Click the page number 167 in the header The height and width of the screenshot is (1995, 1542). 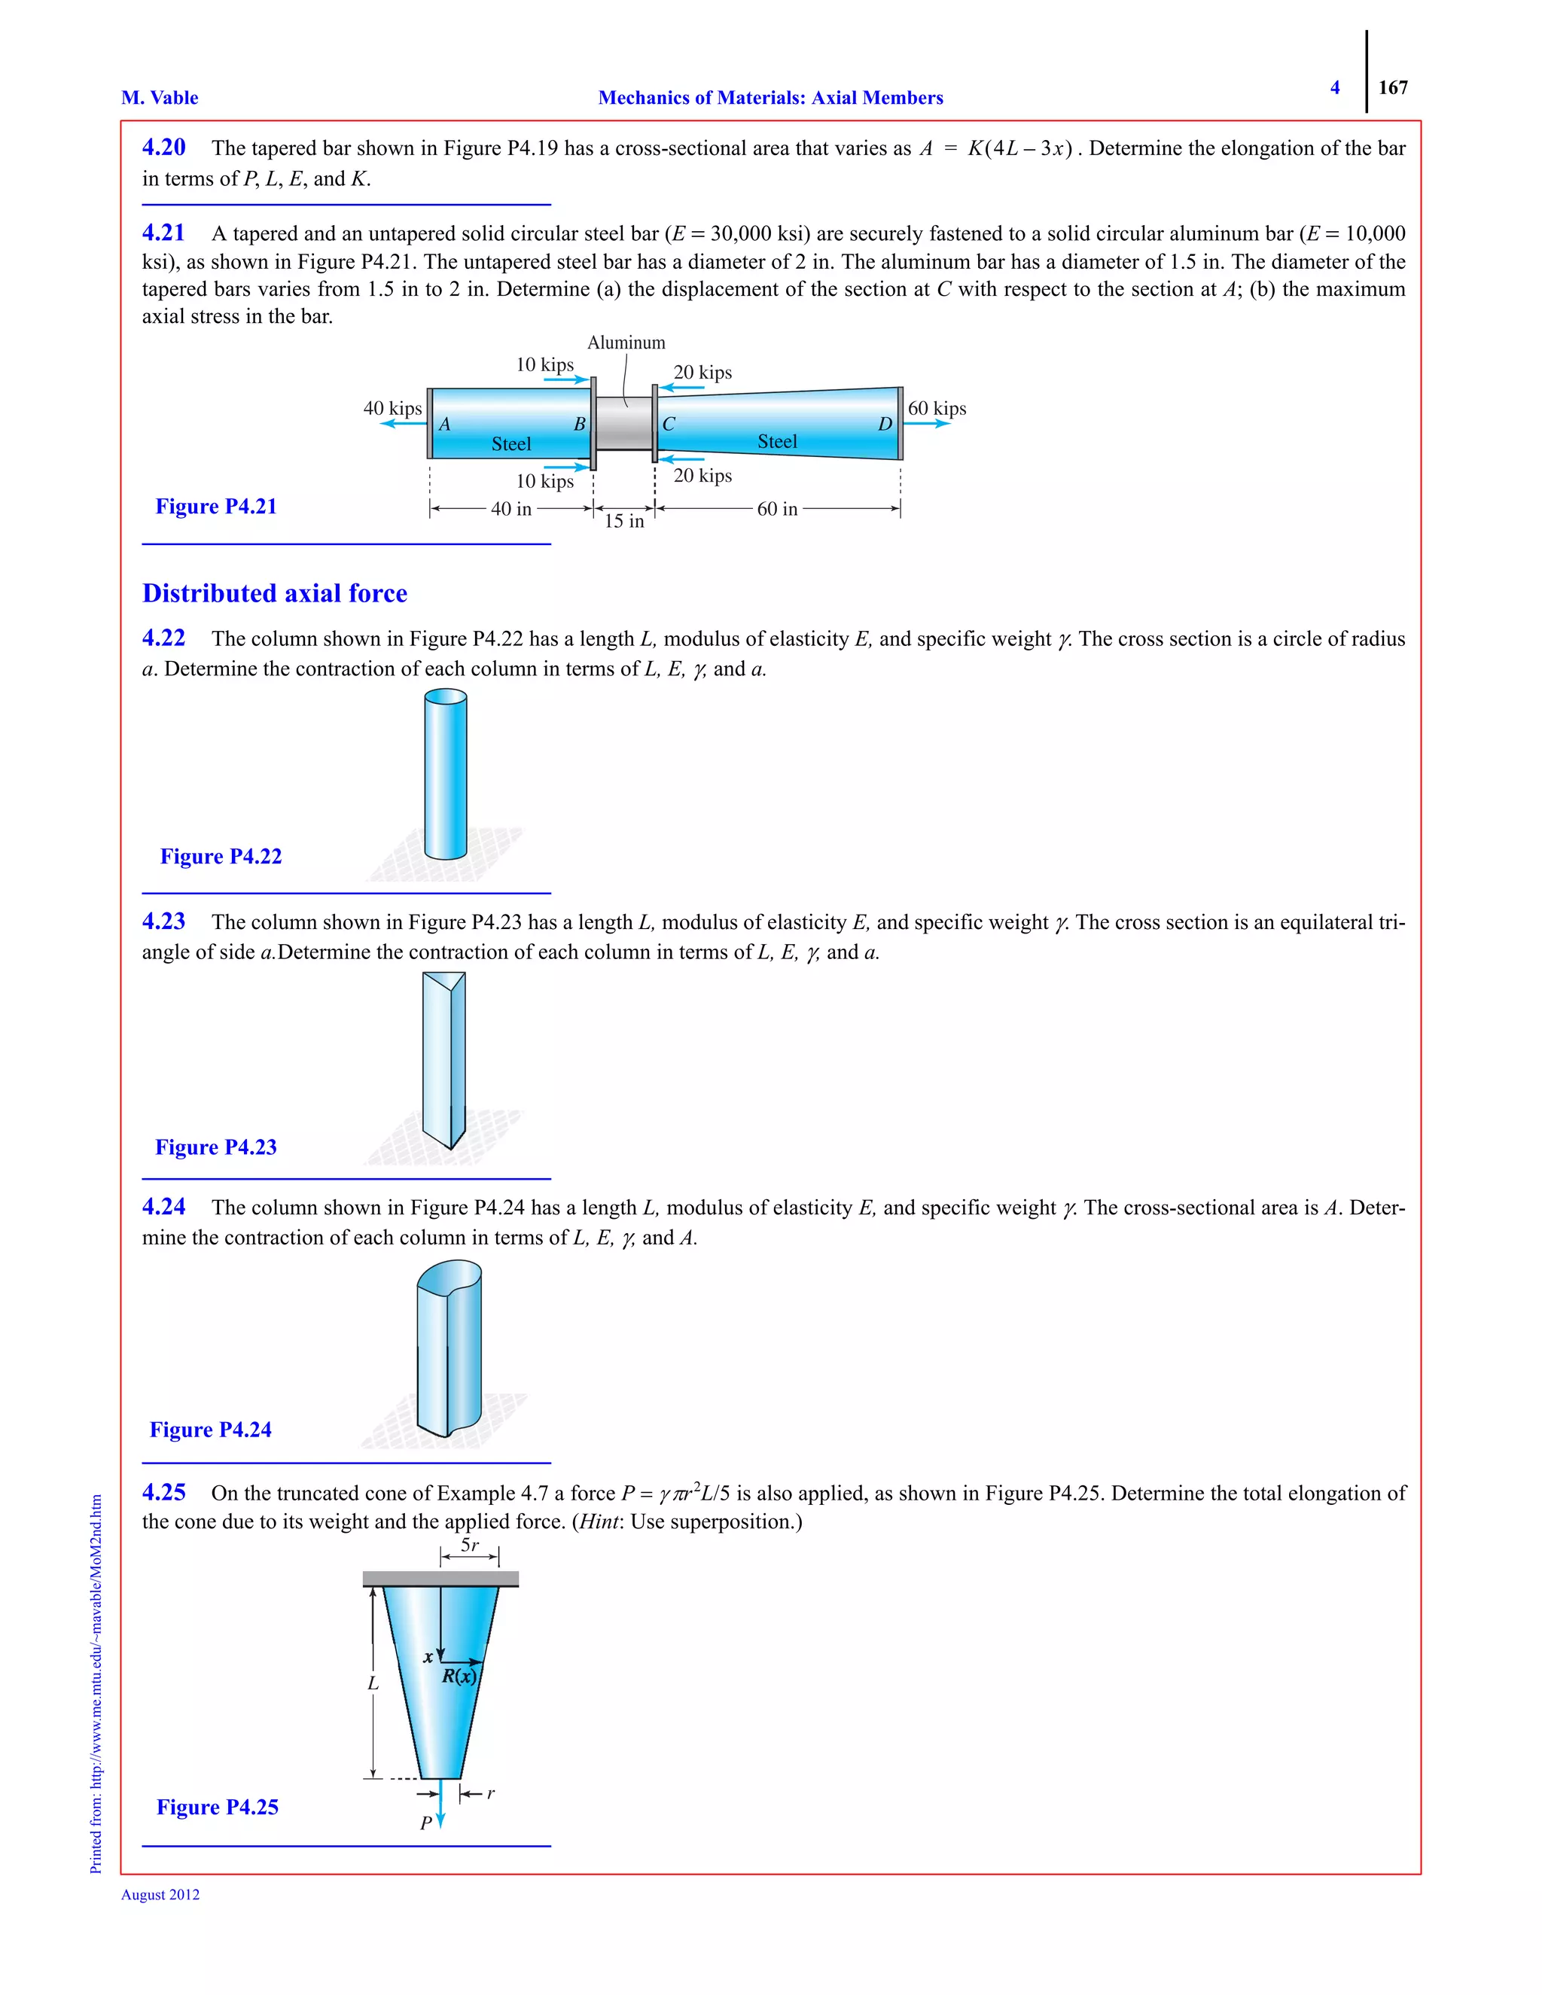coord(1392,87)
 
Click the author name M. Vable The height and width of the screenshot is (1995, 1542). coord(160,98)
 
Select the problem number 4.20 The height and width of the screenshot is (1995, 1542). coord(163,147)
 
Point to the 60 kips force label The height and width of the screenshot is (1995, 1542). coord(937,408)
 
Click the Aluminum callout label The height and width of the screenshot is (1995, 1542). coord(626,343)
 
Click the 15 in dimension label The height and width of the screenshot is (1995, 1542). coord(624,522)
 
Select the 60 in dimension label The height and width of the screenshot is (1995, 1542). coord(776,510)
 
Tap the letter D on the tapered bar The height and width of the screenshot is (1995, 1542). coord(884,425)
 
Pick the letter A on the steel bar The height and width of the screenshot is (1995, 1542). coord(445,425)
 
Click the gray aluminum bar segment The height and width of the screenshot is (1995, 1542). coord(624,423)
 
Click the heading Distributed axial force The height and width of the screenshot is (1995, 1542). coord(274,594)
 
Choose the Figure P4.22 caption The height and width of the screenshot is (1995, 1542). coord(221,857)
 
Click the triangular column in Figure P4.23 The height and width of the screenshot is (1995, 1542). coord(444,1060)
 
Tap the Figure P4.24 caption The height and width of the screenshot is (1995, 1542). coord(210,1430)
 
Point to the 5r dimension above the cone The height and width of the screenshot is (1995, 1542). coord(470,1546)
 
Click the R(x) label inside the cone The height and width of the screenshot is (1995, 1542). coord(459,1677)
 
